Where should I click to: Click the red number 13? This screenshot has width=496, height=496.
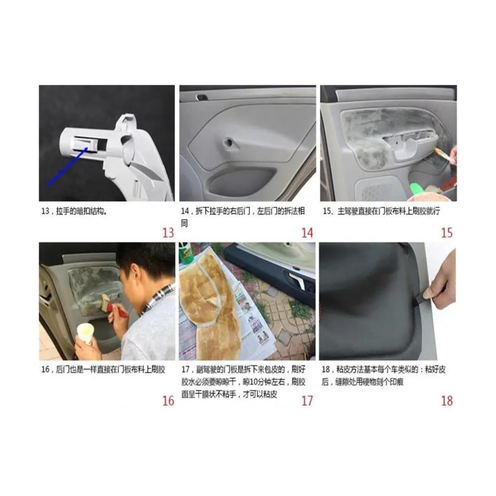click(x=168, y=233)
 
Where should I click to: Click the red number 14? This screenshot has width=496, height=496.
click(x=307, y=233)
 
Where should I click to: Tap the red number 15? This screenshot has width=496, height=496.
click(x=447, y=233)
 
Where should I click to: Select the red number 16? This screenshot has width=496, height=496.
click(x=168, y=401)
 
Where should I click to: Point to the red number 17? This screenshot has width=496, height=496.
click(x=307, y=401)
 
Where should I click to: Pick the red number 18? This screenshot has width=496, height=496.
click(x=447, y=401)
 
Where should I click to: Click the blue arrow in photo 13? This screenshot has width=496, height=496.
click(x=68, y=166)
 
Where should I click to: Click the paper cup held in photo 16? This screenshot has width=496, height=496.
click(x=85, y=333)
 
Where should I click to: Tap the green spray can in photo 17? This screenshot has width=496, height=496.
click(x=186, y=253)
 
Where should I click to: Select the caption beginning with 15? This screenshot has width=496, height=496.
click(x=381, y=211)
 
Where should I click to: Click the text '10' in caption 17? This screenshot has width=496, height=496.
click(x=254, y=382)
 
